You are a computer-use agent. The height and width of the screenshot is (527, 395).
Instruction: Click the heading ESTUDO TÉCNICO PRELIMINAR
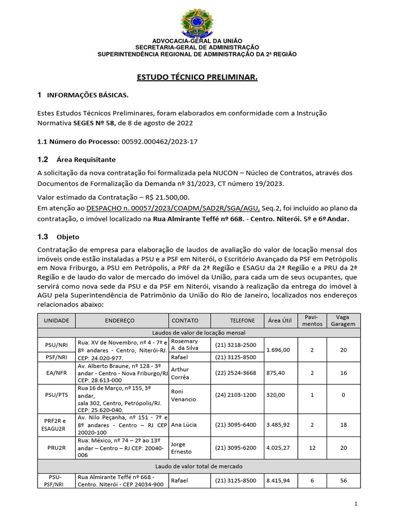(196, 77)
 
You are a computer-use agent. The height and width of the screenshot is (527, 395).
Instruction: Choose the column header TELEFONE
(237, 320)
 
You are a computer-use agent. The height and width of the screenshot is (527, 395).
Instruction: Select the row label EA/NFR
(56, 373)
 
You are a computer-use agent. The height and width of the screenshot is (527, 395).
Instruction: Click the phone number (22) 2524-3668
(237, 373)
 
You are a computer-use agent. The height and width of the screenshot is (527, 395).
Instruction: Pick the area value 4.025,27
(278, 448)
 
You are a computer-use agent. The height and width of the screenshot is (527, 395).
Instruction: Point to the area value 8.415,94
(278, 481)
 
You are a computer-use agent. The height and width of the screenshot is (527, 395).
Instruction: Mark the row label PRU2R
(56, 448)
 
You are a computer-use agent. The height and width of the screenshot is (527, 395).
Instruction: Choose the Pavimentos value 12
(312, 448)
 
